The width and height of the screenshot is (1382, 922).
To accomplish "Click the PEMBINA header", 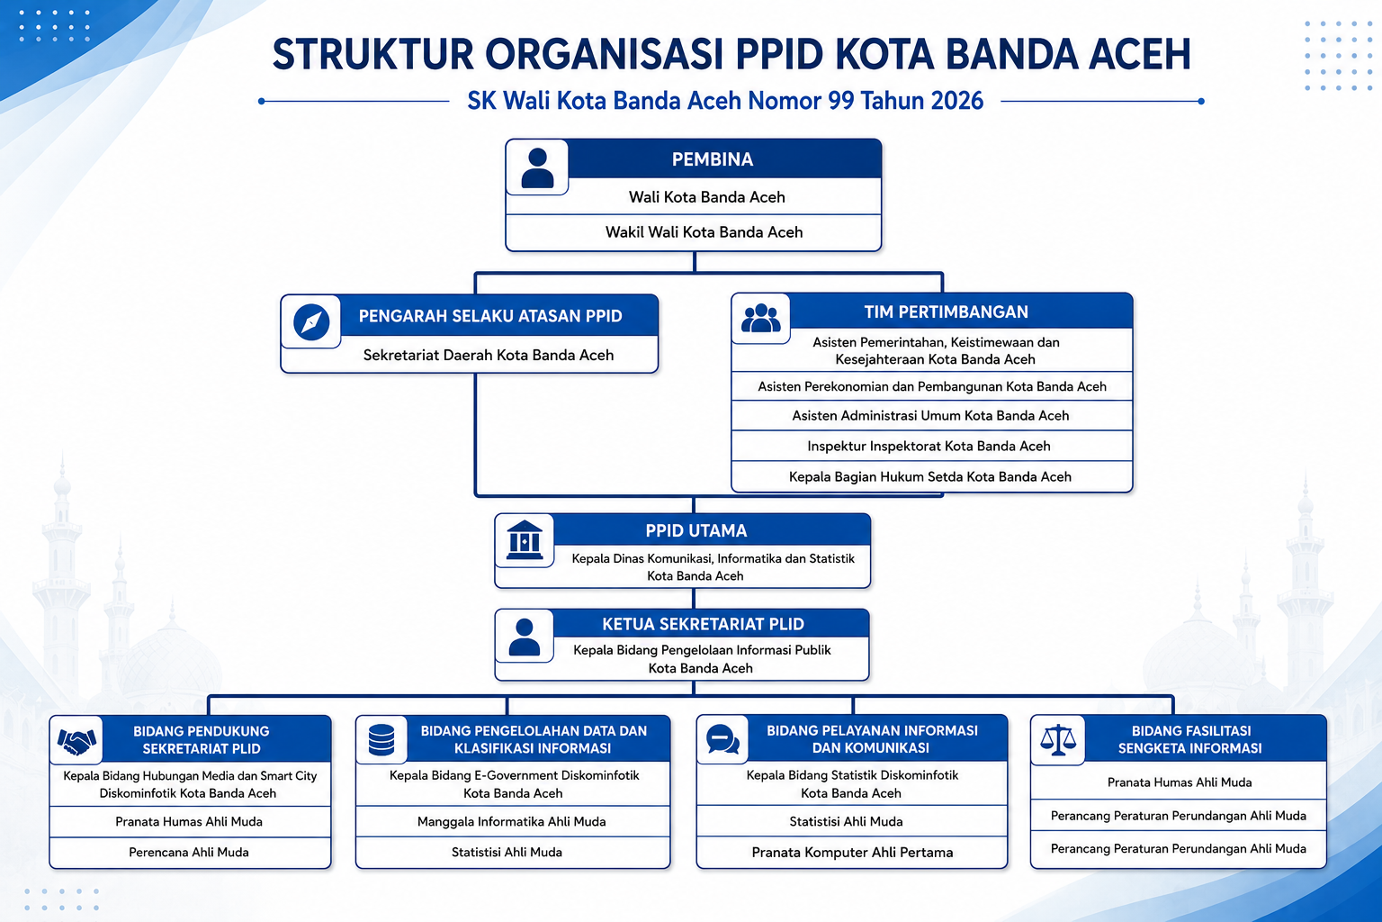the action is tap(712, 159).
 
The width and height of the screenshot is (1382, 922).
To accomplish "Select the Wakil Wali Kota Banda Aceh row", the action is tap(704, 232).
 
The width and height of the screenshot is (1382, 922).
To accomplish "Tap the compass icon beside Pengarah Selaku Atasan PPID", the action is tap(311, 321).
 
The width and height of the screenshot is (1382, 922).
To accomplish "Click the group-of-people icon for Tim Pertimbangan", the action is tap(760, 319).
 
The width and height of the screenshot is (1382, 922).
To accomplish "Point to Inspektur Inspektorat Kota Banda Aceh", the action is tap(929, 446).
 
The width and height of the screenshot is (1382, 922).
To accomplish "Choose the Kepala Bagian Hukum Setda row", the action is tap(929, 476).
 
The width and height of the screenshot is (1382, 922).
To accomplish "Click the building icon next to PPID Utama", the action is tap(524, 539).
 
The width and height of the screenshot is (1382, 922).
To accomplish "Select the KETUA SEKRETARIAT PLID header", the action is tap(703, 624).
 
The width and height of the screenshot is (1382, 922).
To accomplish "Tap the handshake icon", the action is tap(76, 740).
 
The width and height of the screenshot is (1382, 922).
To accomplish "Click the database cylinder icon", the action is tap(381, 740).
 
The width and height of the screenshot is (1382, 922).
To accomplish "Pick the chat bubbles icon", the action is tap(722, 739).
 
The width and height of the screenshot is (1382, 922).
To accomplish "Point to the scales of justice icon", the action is tap(1057, 740).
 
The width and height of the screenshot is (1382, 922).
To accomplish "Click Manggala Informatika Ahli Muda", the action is tap(511, 821).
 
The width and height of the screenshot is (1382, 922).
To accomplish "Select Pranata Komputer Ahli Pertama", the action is tap(852, 852).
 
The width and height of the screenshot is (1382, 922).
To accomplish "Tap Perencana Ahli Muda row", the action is tap(189, 852).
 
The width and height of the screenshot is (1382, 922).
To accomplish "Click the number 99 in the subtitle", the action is tap(841, 101).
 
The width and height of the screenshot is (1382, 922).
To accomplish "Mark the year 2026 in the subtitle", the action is tap(957, 101).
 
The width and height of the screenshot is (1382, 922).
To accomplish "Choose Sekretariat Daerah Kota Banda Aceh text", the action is tap(488, 355).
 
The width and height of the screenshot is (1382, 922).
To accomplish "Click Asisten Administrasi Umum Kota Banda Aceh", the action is tap(930, 416).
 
